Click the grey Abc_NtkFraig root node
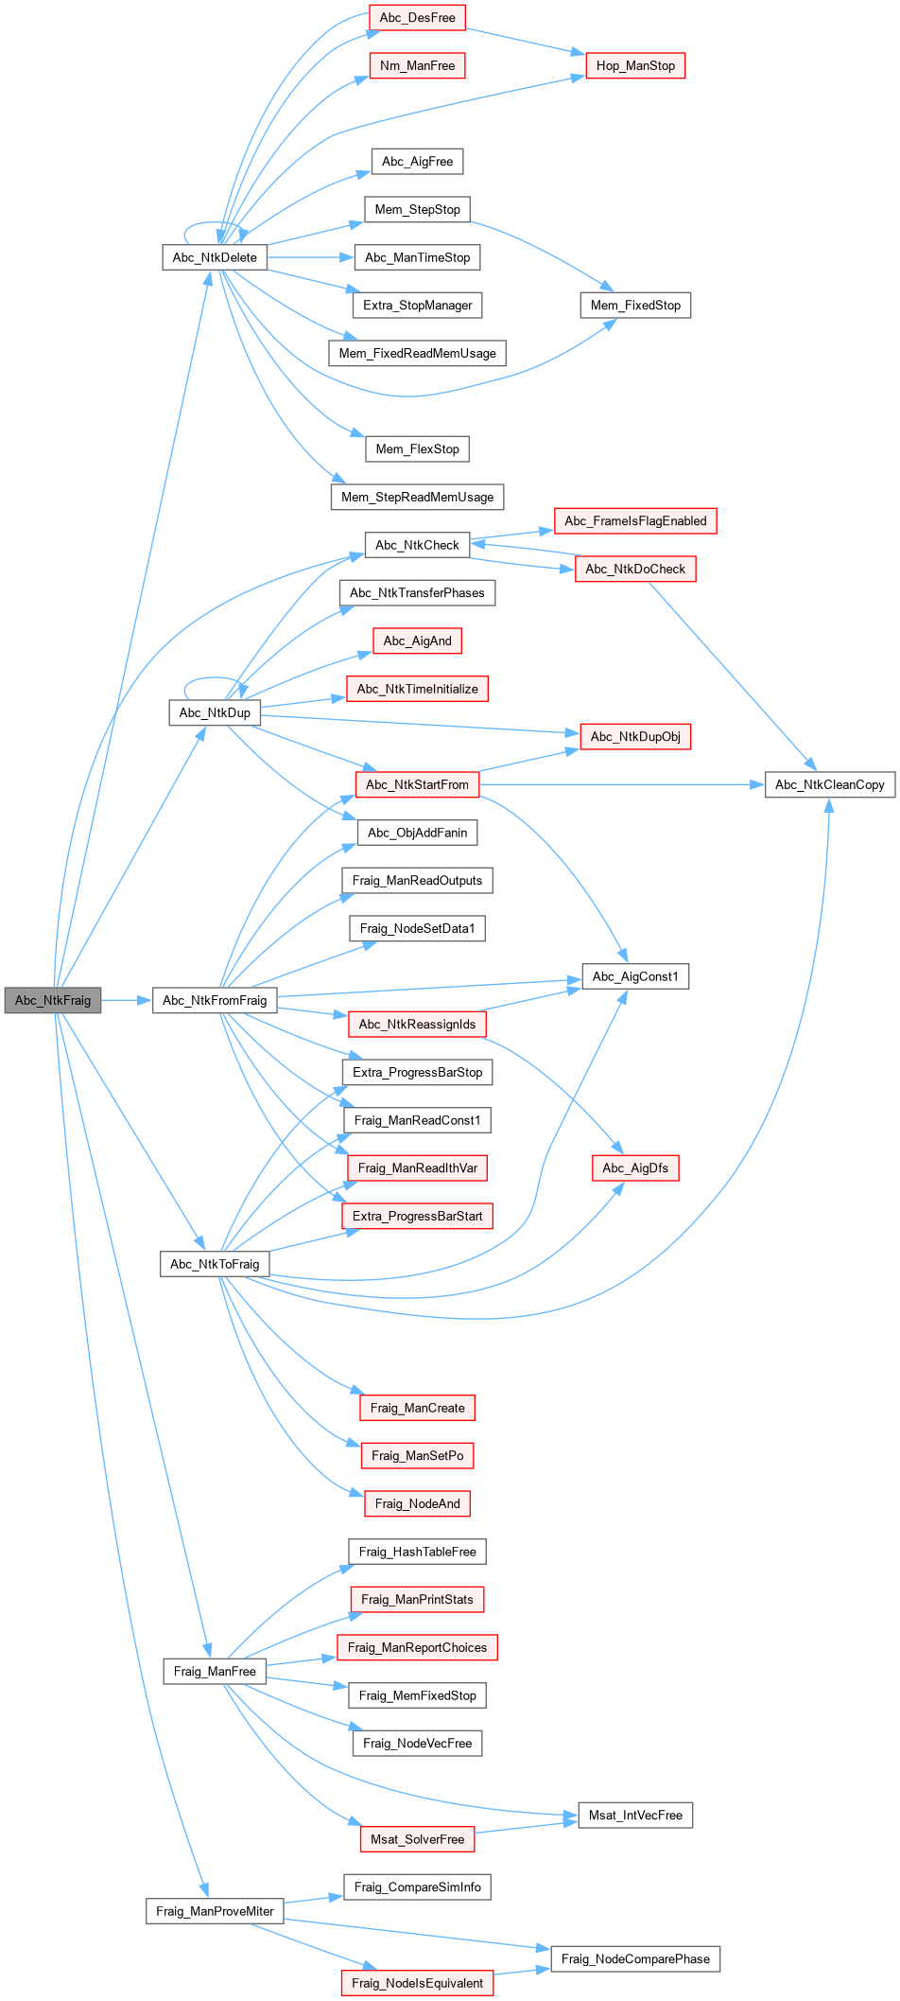tap(53, 1000)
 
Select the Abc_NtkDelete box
tap(215, 257)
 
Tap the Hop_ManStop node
tap(635, 65)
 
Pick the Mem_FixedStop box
tap(635, 305)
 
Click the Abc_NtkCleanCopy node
tap(829, 784)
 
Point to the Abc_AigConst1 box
tap(635, 976)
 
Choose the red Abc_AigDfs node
tap(635, 1167)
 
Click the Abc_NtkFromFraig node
tap(215, 1000)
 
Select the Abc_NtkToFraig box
tap(215, 1264)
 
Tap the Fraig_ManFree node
tap(215, 1671)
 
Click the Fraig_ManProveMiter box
tap(215, 1911)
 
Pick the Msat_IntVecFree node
tap(635, 1815)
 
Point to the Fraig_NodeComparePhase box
tap(635, 1958)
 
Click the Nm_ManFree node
tap(417, 65)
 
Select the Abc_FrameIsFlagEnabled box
tap(635, 520)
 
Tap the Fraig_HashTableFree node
tap(417, 1552)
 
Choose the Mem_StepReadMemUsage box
tap(417, 497)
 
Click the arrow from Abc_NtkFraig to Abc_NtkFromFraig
tap(126, 1000)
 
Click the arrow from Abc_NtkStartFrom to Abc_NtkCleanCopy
tap(614, 784)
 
